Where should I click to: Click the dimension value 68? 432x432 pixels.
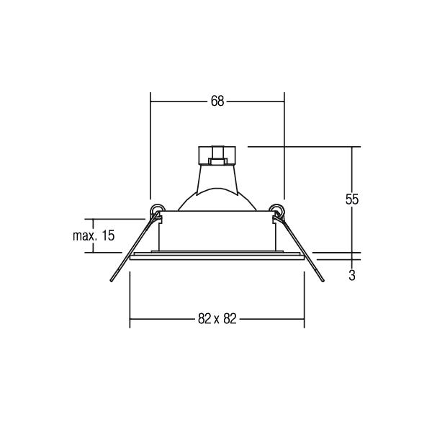tap(217, 101)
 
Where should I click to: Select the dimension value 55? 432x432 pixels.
tap(352, 199)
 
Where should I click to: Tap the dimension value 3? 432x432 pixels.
tap(352, 275)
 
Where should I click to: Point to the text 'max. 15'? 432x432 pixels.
tap(94, 236)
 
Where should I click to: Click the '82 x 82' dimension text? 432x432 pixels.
tap(217, 319)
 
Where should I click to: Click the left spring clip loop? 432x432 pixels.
tap(157, 209)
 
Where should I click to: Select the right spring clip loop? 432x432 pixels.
tap(276, 209)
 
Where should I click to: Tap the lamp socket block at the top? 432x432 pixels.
tap(217, 155)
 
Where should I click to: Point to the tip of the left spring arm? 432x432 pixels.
tap(112, 281)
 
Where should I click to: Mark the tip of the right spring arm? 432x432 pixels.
tap(323, 281)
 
